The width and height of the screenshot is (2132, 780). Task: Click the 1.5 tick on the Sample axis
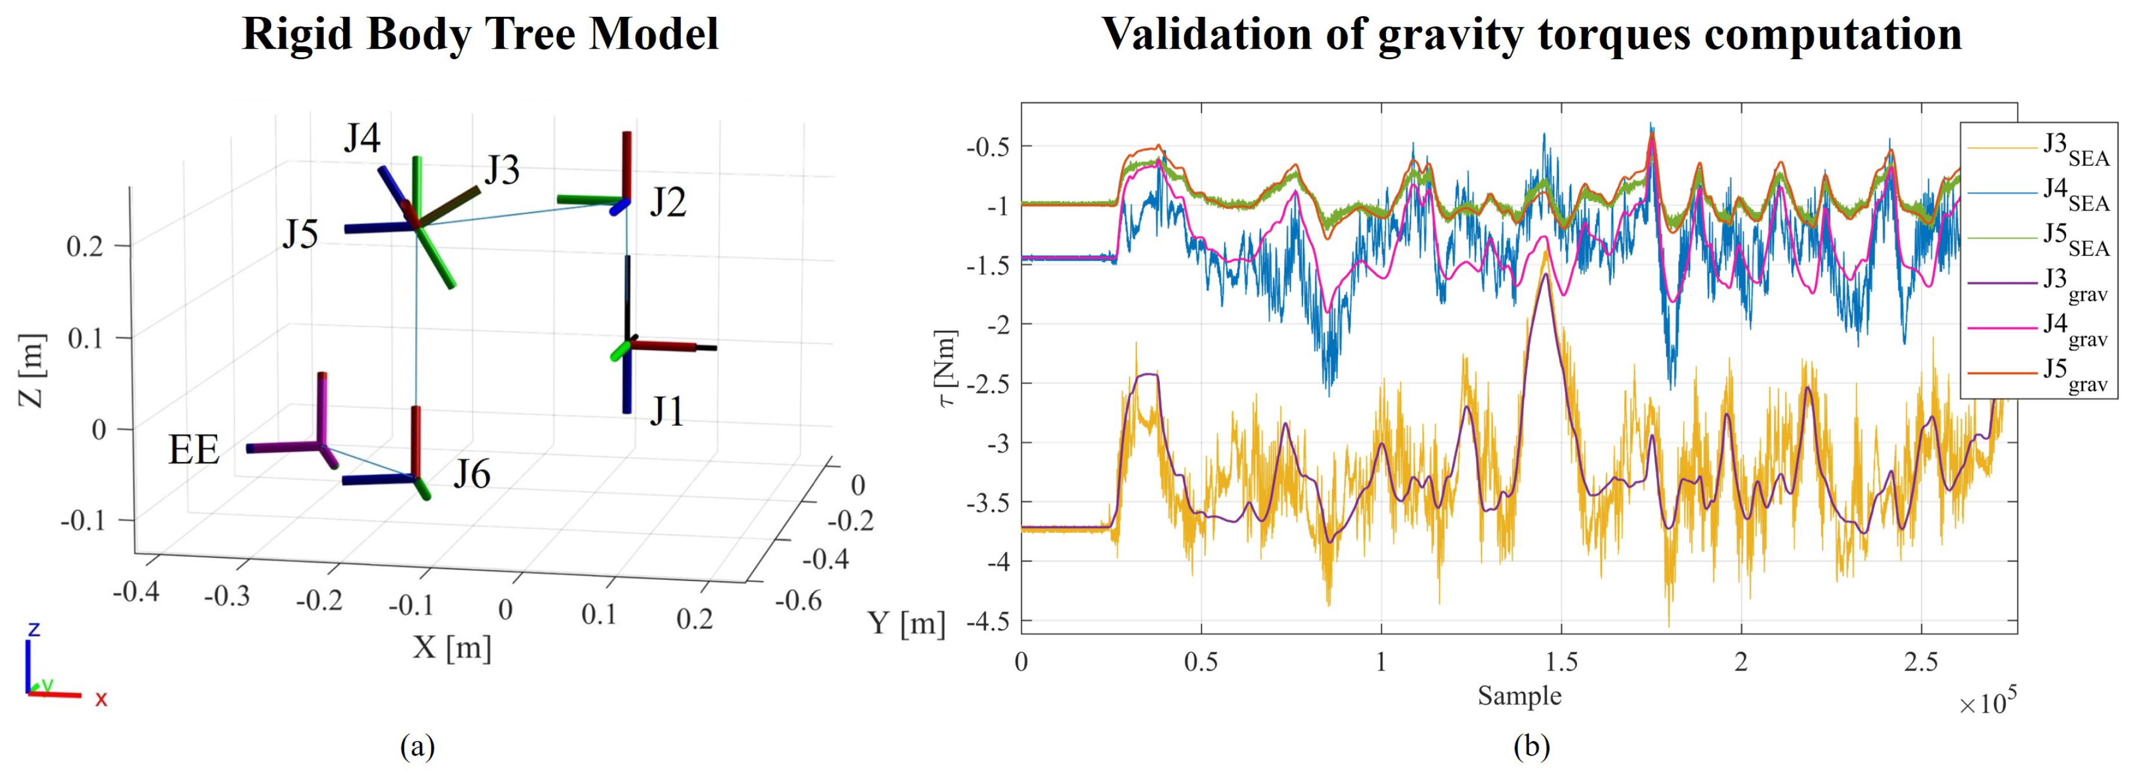click(1561, 662)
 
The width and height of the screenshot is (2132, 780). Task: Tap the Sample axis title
click(1520, 696)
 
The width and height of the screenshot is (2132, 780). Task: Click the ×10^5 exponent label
click(1987, 704)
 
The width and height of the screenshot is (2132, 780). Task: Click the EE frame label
click(194, 451)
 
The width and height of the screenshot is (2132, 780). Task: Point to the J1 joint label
click(666, 411)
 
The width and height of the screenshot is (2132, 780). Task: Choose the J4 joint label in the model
click(362, 138)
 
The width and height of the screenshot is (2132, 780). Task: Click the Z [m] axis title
click(31, 370)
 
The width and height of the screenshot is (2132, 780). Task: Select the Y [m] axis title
click(906, 623)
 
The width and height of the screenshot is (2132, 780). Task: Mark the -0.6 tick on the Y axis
click(799, 600)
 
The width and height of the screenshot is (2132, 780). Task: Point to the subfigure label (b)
click(1531, 747)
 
